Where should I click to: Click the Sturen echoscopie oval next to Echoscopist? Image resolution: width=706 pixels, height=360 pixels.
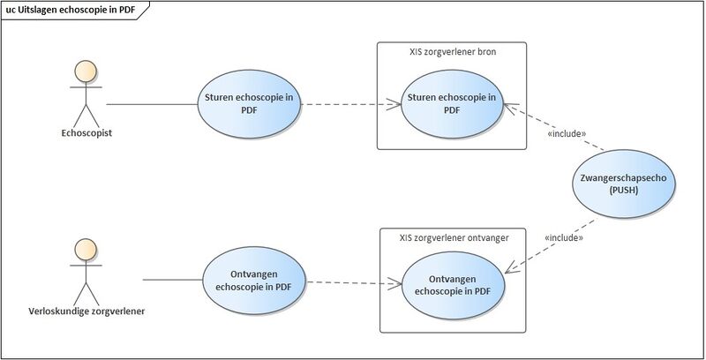tap(248, 103)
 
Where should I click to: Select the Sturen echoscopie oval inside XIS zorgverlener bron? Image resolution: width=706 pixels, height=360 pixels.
tap(450, 103)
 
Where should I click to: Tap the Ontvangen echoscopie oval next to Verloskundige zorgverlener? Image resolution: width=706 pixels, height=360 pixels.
tap(254, 280)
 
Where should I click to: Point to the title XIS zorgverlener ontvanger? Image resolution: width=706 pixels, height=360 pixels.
tap(453, 236)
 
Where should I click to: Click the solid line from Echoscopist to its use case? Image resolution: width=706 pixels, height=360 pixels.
tap(151, 104)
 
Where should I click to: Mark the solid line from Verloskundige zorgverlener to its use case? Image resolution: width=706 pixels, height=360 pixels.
tap(172, 281)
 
